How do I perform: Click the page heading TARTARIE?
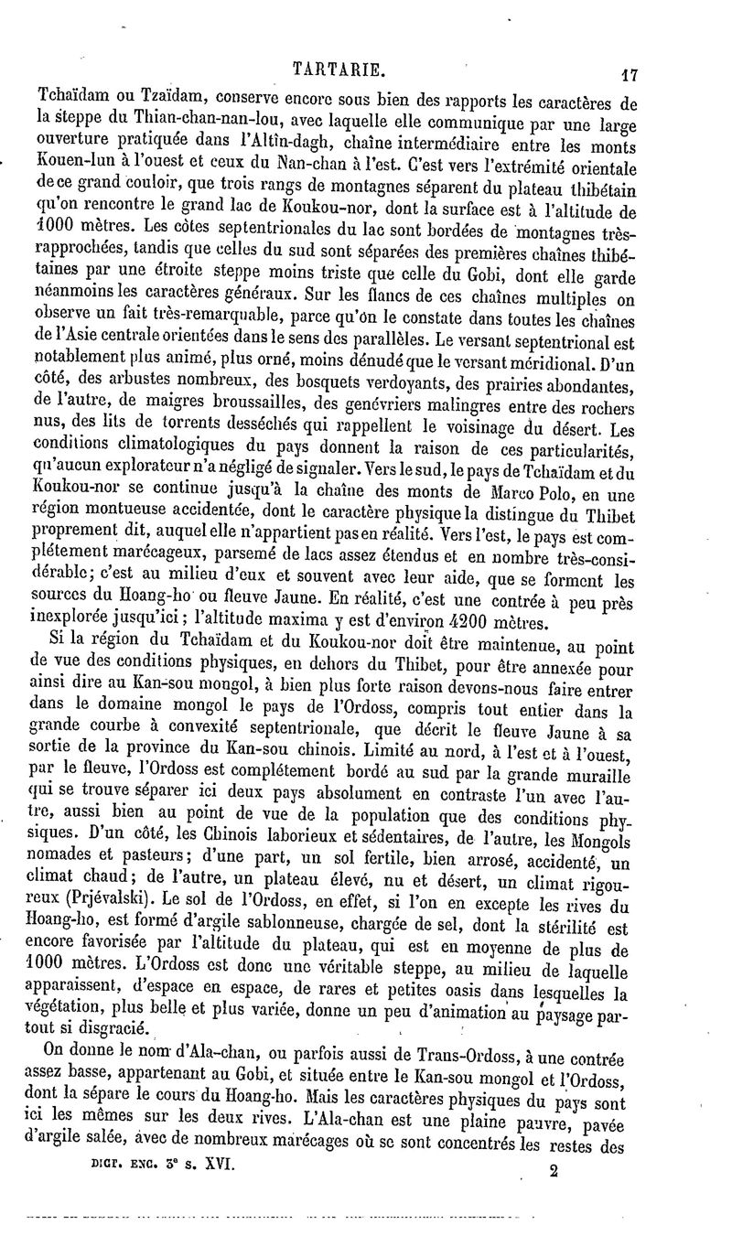coord(338,67)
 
